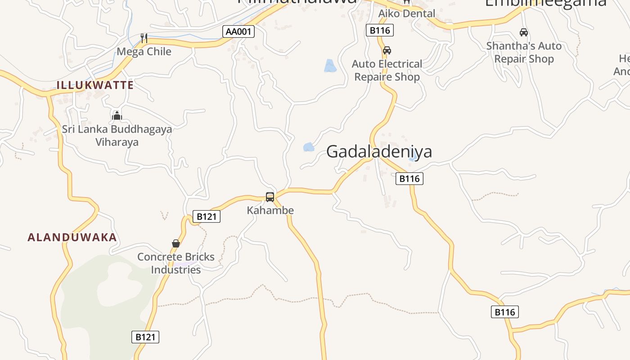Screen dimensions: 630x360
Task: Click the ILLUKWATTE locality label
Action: [95, 85]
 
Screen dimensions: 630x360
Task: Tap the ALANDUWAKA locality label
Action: [72, 237]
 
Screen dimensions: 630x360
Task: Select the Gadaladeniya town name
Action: [379, 152]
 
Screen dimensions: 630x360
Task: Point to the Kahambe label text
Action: [270, 210]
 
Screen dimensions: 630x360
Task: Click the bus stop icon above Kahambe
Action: [270, 197]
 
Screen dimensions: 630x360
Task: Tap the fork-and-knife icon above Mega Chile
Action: [144, 38]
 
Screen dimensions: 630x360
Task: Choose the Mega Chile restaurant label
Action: [144, 51]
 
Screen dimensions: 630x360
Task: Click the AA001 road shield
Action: [239, 31]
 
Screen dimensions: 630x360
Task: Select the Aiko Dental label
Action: [407, 13]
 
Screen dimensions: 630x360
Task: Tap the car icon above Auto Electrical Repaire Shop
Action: [387, 50]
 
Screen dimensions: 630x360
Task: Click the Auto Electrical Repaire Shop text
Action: [387, 70]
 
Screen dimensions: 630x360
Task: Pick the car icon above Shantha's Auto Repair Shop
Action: [524, 32]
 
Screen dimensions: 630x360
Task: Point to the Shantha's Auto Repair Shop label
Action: [524, 52]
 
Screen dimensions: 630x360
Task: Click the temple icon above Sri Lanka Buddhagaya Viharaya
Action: [117, 116]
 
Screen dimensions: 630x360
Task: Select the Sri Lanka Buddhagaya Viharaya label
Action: [117, 135]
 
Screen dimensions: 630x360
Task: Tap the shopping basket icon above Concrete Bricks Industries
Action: [176, 243]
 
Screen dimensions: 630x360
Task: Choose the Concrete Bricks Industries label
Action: [176, 263]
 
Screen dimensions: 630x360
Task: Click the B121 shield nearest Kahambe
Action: [207, 216]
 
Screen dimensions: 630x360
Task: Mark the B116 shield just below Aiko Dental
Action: [380, 30]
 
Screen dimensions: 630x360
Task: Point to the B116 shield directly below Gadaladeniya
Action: [409, 179]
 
